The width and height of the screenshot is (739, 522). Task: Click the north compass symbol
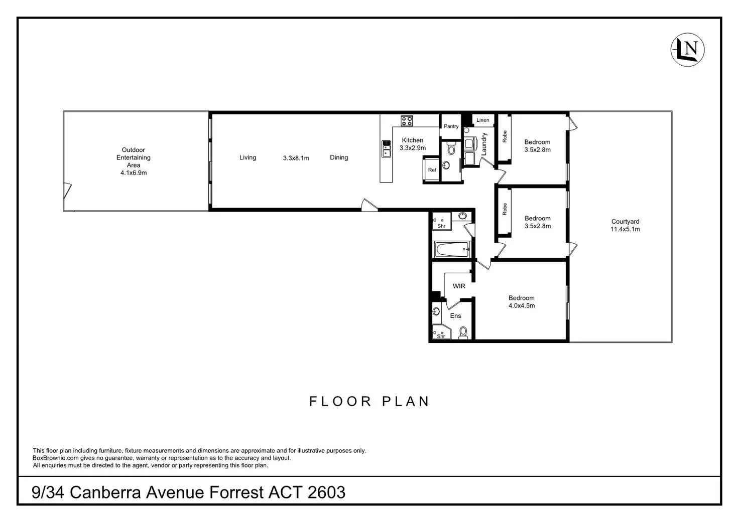pyautogui.click(x=688, y=50)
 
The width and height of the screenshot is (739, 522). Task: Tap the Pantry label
pyautogui.click(x=451, y=126)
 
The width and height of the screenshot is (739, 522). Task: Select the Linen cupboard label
pyautogui.click(x=482, y=120)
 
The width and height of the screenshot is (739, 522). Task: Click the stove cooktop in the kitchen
pyautogui.click(x=407, y=121)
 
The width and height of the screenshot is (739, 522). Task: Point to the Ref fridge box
pyautogui.click(x=432, y=169)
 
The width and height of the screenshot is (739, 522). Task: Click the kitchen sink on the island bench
pyautogui.click(x=386, y=149)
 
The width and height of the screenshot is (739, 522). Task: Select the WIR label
pyautogui.click(x=459, y=286)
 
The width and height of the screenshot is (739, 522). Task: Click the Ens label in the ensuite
pyautogui.click(x=456, y=316)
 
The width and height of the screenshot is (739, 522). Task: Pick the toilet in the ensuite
pyautogui.click(x=463, y=332)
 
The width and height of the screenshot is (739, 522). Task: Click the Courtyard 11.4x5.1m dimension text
pyautogui.click(x=625, y=229)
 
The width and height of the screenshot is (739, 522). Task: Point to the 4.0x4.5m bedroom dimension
pyautogui.click(x=522, y=305)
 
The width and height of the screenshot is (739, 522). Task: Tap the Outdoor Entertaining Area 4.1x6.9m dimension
pyautogui.click(x=133, y=172)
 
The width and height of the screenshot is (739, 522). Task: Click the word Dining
pyautogui.click(x=339, y=157)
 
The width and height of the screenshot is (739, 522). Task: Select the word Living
pyautogui.click(x=248, y=157)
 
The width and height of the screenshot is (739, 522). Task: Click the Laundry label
pyautogui.click(x=484, y=144)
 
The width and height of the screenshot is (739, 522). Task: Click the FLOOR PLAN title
pyautogui.click(x=369, y=401)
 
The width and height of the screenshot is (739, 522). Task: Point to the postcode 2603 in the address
pyautogui.click(x=326, y=492)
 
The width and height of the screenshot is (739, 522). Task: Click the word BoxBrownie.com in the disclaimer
pyautogui.click(x=55, y=458)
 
